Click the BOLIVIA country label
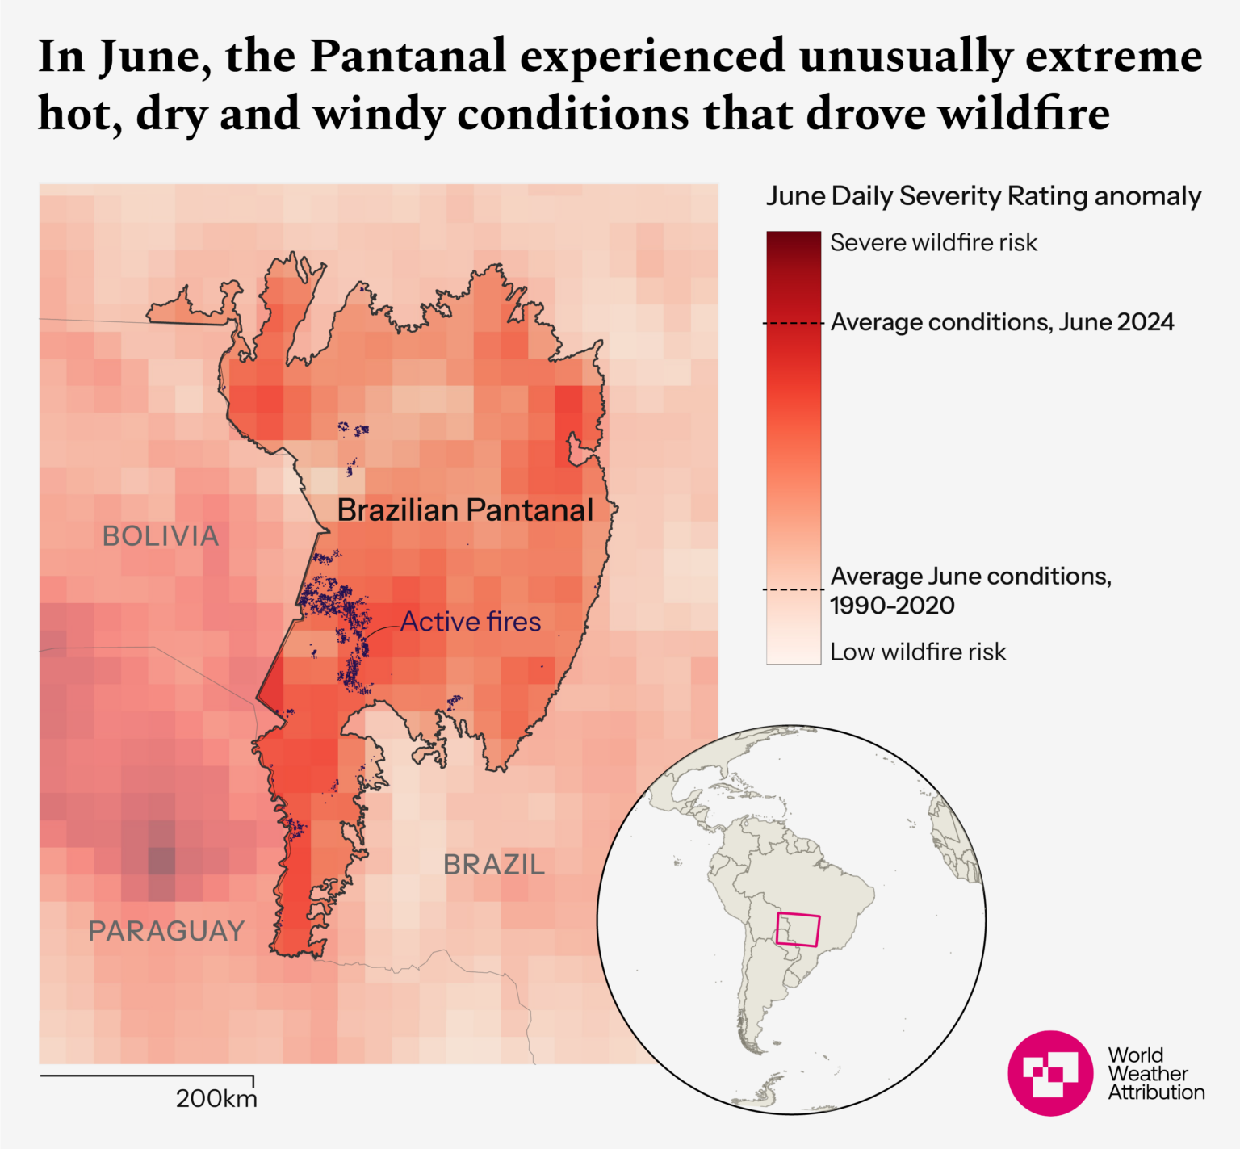(161, 536)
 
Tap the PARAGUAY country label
(166, 931)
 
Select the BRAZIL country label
(494, 865)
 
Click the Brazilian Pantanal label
(465, 510)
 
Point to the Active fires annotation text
(471, 622)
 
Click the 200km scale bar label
(216, 1098)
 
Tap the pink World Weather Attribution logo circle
(1050, 1073)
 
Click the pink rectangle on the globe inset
(798, 929)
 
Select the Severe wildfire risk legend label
(933, 243)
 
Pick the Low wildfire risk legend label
(918, 652)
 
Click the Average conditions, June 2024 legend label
(1002, 322)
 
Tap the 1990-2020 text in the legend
(892, 606)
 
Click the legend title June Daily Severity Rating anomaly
(983, 196)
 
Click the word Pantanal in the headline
(408, 57)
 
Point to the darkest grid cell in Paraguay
(161, 861)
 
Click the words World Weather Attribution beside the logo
(1155, 1073)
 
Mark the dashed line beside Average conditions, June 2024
(794, 324)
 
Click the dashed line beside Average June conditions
(794, 589)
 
